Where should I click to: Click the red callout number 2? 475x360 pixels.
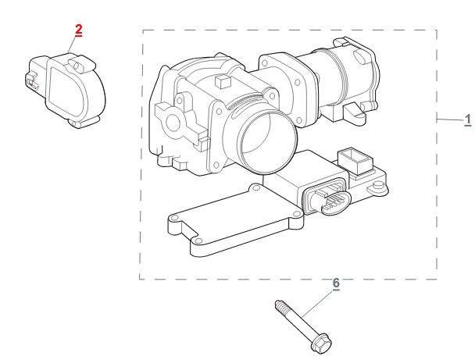[78, 30]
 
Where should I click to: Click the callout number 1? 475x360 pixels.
[468, 120]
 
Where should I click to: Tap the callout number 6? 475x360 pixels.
[336, 283]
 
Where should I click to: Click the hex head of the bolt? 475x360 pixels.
[322, 344]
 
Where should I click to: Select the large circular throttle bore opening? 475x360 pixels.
[266, 141]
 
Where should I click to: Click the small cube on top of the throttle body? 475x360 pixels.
[223, 81]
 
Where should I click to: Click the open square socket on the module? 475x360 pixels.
[355, 160]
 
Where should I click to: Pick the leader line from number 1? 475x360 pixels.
[450, 119]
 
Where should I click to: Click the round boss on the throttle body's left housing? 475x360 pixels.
[173, 123]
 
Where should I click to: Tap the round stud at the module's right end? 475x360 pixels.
[378, 185]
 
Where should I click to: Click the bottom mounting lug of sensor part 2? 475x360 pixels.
[82, 122]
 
